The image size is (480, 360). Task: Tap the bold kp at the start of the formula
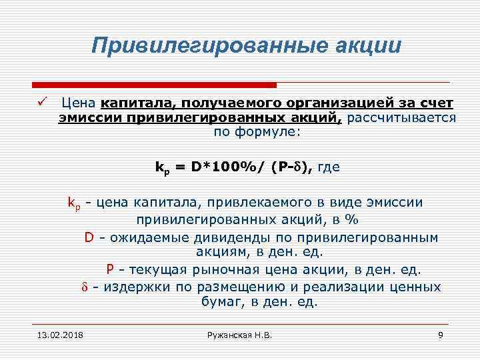pos(161,169)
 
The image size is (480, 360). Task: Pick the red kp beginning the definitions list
pos(74,203)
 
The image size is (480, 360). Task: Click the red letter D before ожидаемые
pos(89,237)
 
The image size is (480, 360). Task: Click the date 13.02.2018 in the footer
pos(57,334)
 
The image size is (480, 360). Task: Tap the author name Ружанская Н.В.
pos(240,334)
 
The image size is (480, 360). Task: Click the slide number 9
pos(440,334)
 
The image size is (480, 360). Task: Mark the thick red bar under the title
pos(154,85)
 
